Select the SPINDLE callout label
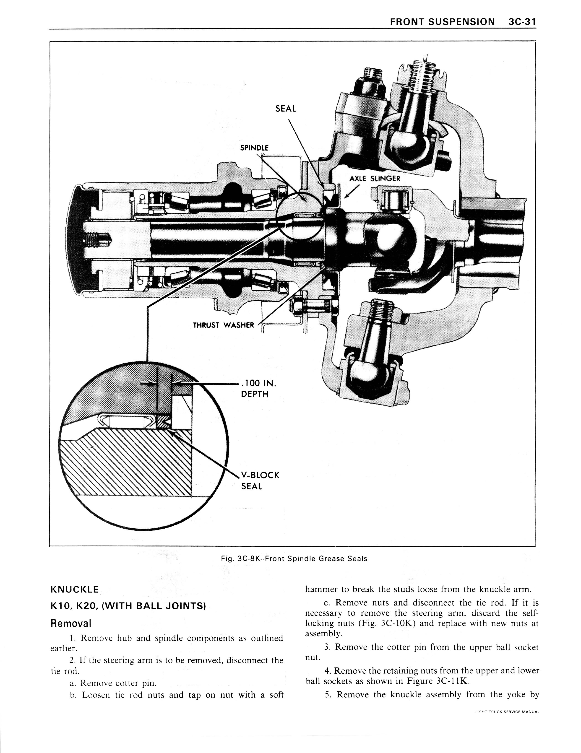click(254, 148)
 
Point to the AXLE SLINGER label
click(375, 179)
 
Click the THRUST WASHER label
click(223, 325)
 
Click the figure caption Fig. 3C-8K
click(294, 558)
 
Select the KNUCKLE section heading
click(74, 589)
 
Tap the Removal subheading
click(71, 623)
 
